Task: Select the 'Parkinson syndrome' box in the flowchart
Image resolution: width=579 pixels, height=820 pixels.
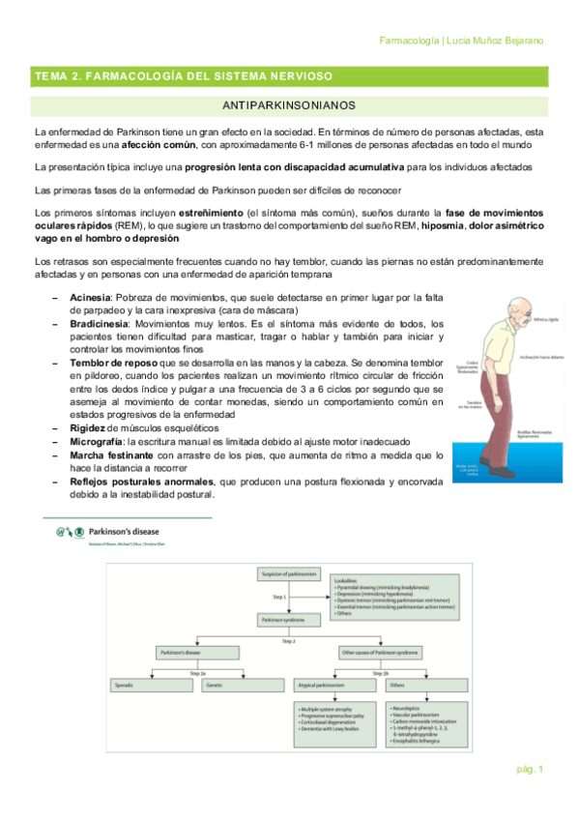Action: coord(281,618)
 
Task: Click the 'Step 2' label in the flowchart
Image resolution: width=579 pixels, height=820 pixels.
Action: coord(288,640)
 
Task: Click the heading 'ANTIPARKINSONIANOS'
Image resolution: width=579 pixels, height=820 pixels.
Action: coord(289,103)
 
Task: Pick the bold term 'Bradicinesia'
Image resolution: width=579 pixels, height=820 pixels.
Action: coord(98,323)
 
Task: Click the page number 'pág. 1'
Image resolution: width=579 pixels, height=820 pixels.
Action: coord(530,770)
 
